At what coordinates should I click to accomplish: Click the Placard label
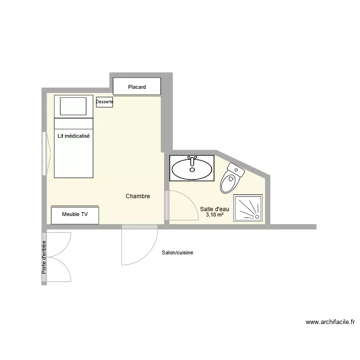coord(137,87)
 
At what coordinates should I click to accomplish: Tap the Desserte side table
coord(105,102)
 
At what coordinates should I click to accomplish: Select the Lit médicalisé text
coord(73,136)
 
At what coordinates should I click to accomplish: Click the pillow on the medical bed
coord(73,106)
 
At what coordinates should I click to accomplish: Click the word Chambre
coord(138,196)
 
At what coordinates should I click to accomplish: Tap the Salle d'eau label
coord(215,209)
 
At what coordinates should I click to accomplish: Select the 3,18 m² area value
coord(215,215)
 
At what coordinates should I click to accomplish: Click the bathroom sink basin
coord(192,169)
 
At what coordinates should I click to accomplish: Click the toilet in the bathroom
coord(231,178)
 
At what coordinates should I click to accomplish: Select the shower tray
coord(248,208)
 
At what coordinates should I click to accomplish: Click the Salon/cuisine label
coord(178,252)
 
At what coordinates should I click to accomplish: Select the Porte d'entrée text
coord(44,257)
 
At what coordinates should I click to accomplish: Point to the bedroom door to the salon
coord(139,245)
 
